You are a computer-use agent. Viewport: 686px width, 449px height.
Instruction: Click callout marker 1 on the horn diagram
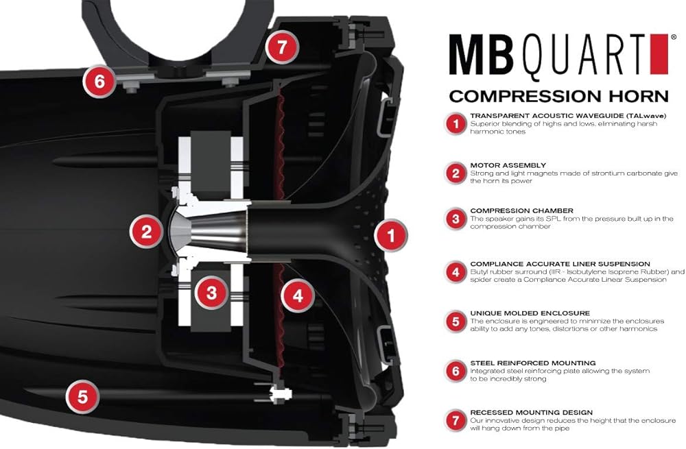pyautogui.click(x=392, y=237)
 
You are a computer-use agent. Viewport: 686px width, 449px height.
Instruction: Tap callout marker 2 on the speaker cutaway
pyautogui.click(x=146, y=232)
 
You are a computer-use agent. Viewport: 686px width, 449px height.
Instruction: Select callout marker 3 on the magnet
pyautogui.click(x=211, y=293)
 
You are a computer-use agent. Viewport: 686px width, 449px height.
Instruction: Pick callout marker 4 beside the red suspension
pyautogui.click(x=297, y=296)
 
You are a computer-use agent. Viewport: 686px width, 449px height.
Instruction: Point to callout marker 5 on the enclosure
pyautogui.click(x=82, y=396)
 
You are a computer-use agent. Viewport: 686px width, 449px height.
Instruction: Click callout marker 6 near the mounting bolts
pyautogui.click(x=100, y=82)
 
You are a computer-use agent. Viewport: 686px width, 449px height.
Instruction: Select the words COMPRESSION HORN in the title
pyautogui.click(x=558, y=95)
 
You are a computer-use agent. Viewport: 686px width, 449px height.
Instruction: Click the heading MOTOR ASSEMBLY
pyautogui.click(x=508, y=165)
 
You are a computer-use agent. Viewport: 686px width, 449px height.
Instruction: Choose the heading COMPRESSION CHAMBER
pyautogui.click(x=521, y=210)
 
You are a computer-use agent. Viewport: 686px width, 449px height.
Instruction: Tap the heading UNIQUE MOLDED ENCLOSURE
pyautogui.click(x=530, y=313)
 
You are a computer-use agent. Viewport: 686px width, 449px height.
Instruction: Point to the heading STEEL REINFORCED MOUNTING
pyautogui.click(x=533, y=363)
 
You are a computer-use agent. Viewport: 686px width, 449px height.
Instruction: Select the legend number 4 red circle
pyautogui.click(x=455, y=272)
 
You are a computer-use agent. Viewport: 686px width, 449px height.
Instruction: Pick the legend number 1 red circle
pyautogui.click(x=455, y=124)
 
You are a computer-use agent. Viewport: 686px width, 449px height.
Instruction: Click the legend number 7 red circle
pyautogui.click(x=455, y=420)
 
